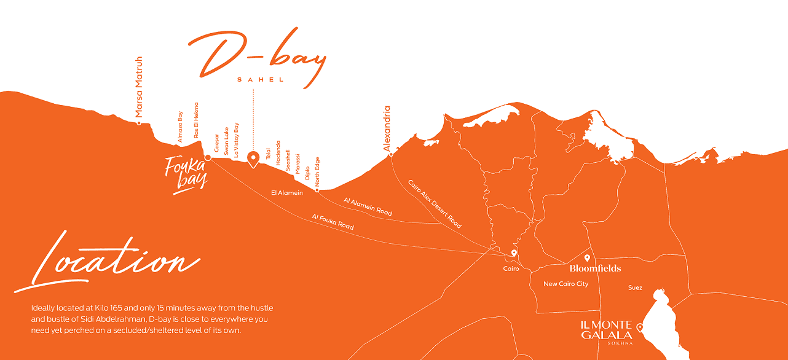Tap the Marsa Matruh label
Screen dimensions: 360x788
[139, 87]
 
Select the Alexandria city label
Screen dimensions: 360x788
[387, 128]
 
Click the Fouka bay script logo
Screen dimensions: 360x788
[186, 174]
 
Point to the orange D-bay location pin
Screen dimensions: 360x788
[253, 159]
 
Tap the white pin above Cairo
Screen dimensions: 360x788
[514, 253]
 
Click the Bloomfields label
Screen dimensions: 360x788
[595, 268]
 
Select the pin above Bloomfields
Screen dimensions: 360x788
[587, 258]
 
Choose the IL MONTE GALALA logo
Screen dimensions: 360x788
[606, 331]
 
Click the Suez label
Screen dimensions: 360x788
[635, 288]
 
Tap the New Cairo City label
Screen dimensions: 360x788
[565, 284]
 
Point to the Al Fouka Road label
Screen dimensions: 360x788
[333, 222]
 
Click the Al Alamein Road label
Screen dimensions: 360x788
[368, 206]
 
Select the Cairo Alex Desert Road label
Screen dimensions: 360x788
[434, 204]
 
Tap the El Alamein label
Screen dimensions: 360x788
[287, 193]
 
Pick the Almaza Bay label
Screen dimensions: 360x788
[181, 127]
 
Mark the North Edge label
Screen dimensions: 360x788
[317, 172]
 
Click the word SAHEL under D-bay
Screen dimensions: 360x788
[261, 80]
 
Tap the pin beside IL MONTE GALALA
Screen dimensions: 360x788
[639, 327]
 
